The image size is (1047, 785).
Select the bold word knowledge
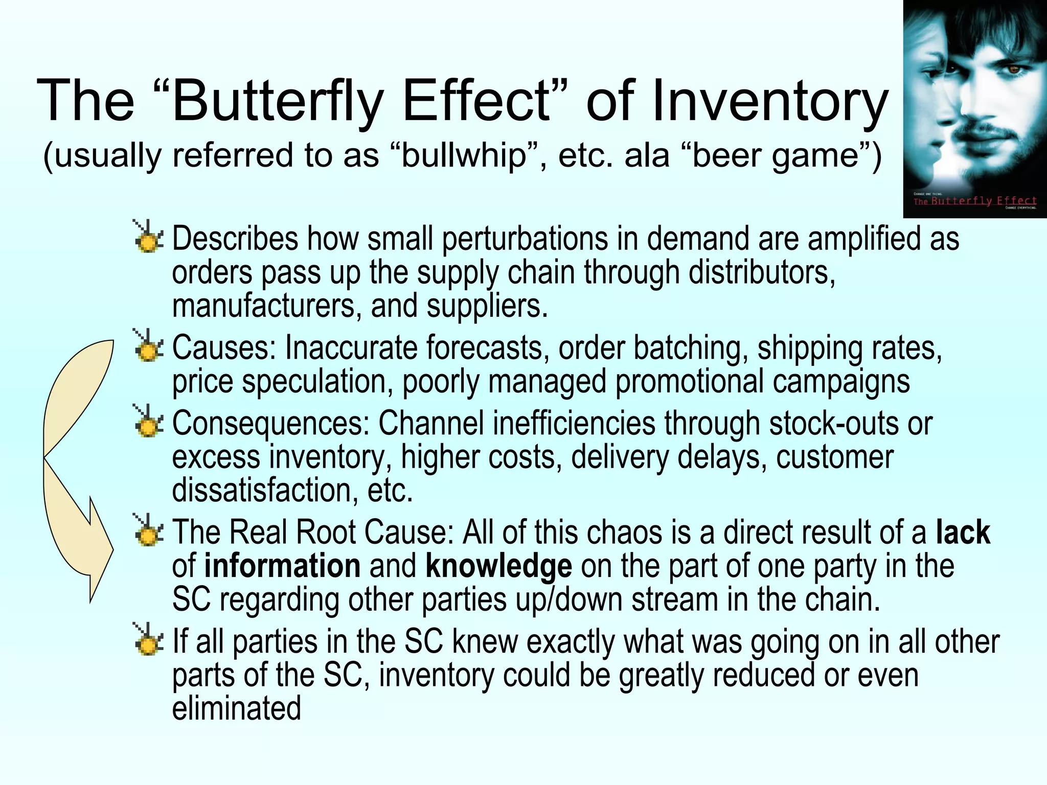[x=498, y=566]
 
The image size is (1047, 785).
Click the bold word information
[x=283, y=566]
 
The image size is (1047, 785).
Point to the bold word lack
[x=963, y=533]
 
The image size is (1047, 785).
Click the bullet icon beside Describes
[x=148, y=237]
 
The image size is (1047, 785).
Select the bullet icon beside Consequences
[x=148, y=422]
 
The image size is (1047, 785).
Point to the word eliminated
[x=237, y=709]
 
